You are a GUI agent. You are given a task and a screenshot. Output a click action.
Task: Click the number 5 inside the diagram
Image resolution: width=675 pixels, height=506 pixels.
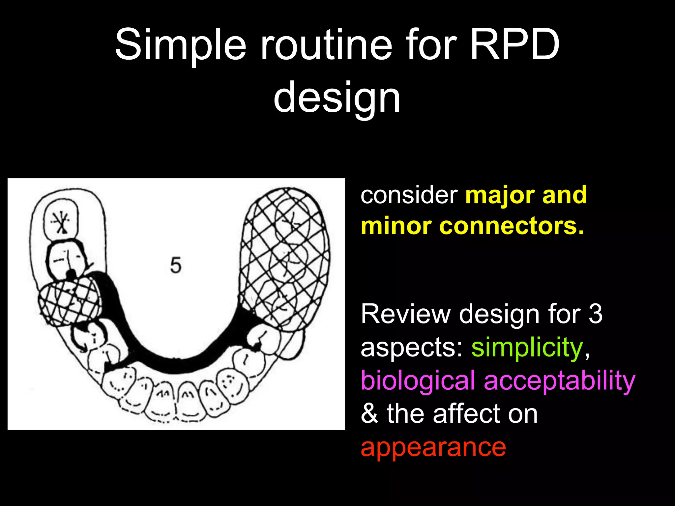pyautogui.click(x=176, y=266)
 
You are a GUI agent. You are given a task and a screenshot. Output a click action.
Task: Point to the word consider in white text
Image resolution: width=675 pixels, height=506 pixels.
pyautogui.click(x=409, y=195)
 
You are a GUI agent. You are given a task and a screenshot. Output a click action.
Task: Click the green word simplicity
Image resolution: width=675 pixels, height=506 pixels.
pyautogui.click(x=527, y=348)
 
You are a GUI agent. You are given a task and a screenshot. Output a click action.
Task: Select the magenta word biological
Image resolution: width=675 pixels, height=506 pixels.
pyautogui.click(x=418, y=381)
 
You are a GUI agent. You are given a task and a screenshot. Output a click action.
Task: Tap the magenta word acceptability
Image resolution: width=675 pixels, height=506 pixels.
pyautogui.click(x=559, y=381)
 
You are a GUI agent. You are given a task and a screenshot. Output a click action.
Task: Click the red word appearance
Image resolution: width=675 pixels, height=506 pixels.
pyautogui.click(x=433, y=447)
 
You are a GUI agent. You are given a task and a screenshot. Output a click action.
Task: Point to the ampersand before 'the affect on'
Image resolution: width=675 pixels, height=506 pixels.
pyautogui.click(x=369, y=414)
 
